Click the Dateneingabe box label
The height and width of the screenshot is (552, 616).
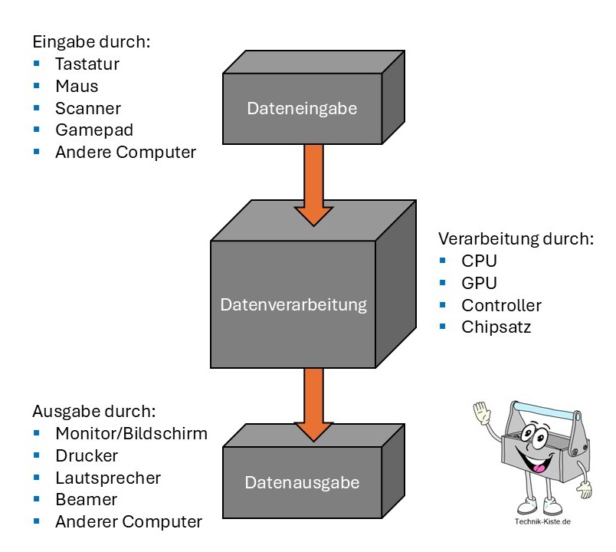pos(301,109)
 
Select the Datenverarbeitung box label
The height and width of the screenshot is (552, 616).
pos(293,305)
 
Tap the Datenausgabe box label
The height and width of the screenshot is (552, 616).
pos(301,483)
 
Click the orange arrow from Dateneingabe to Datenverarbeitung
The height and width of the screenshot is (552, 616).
pos(314,184)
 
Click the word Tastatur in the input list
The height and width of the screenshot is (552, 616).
pos(87,64)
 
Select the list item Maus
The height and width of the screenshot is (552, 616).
pos(77,86)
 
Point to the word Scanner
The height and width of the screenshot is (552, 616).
pos(87,108)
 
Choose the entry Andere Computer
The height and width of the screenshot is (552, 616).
pos(126,153)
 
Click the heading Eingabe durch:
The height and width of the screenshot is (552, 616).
pos(91,41)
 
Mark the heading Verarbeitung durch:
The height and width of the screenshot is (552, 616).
pos(516,238)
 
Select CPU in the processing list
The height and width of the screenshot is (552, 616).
pos(479,261)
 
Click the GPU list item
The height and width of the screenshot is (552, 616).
pos(479,283)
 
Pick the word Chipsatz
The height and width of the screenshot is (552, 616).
pos(496,327)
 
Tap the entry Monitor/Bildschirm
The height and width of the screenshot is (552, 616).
pos(131,433)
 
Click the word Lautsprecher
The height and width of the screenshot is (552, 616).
pos(108,478)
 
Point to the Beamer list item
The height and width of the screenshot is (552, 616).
pos(86,500)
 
